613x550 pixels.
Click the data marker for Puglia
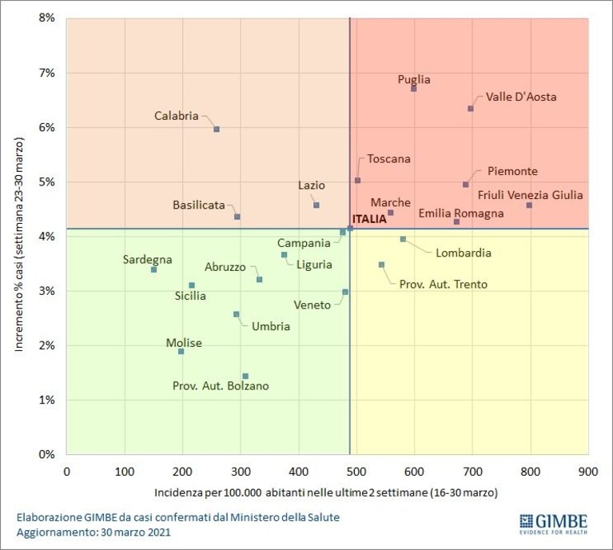414,89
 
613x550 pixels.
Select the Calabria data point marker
217,129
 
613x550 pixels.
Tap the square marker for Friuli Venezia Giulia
529,205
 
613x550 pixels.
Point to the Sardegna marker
153,269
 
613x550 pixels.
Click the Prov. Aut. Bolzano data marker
245,377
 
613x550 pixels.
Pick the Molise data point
181,351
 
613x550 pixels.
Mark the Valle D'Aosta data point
471,109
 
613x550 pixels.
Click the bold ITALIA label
369,219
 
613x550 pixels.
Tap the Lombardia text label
464,253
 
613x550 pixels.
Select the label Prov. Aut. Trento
444,284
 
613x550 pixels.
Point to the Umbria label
271,326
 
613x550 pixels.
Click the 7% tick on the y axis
46,73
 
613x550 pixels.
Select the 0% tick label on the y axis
46,454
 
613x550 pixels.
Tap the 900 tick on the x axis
588,472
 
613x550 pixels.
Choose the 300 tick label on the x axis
241,472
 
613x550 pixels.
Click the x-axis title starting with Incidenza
326,492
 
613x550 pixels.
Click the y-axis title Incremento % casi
19,244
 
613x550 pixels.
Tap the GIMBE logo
554,524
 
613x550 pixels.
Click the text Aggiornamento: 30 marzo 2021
94,532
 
